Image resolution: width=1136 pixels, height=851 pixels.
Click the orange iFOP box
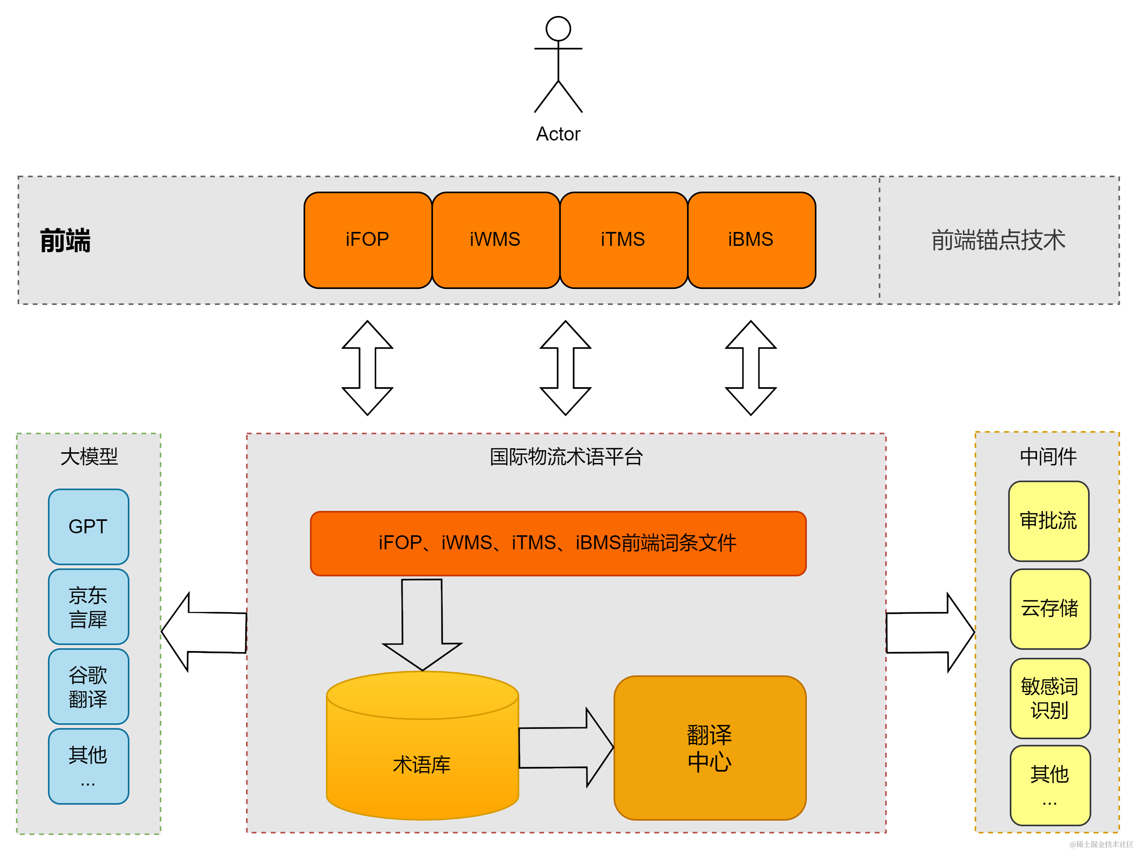tap(368, 240)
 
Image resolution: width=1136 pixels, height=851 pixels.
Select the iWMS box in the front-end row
tap(496, 240)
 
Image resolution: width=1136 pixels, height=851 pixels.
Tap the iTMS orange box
tap(624, 240)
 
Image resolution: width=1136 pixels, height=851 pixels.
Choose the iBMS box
tap(751, 240)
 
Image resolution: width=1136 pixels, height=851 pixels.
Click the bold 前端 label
tap(65, 240)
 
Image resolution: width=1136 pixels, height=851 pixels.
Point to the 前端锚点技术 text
tap(998, 240)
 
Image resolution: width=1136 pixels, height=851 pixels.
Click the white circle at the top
tap(558, 29)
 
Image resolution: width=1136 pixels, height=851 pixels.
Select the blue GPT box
tap(88, 526)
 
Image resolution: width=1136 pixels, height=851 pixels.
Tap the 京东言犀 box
tap(88, 607)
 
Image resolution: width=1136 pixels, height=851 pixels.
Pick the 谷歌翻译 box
tap(88, 687)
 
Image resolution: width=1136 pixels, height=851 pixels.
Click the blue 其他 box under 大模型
tap(88, 766)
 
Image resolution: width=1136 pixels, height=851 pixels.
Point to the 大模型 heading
tap(89, 456)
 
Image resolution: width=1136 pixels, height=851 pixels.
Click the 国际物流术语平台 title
tap(566, 456)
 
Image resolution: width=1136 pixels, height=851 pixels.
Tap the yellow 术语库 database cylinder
tap(422, 754)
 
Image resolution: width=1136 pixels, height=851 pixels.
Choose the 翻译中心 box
tap(710, 748)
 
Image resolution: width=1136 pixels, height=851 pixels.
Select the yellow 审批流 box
tap(1049, 521)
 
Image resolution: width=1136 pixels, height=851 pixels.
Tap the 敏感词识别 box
tap(1050, 699)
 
